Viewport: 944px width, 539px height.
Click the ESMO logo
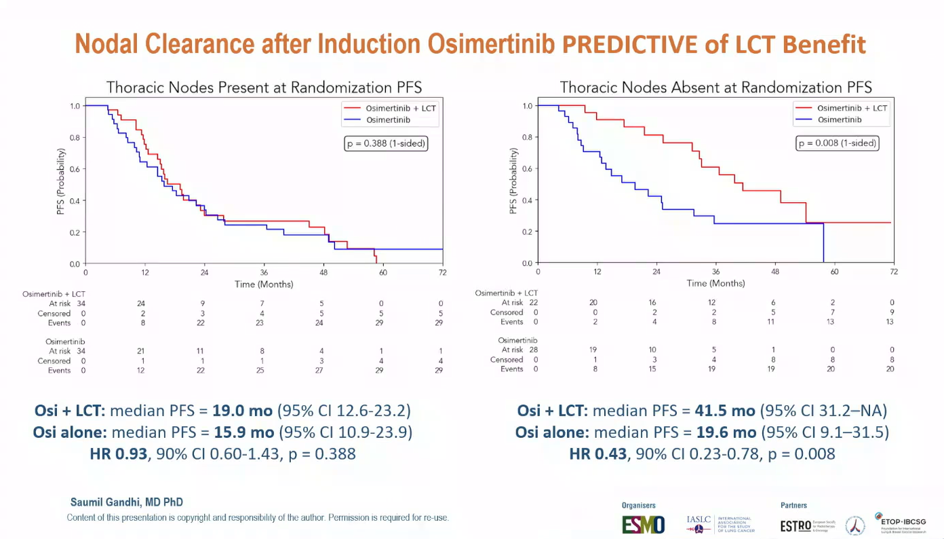(644, 524)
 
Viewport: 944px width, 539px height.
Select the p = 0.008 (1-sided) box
(837, 143)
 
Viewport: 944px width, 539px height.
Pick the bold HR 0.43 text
(597, 453)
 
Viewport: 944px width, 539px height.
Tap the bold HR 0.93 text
(119, 453)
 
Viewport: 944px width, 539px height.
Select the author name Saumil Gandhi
(127, 502)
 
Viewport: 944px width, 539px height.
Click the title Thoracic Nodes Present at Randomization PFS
(264, 87)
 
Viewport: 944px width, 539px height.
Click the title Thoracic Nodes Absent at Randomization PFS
(715, 87)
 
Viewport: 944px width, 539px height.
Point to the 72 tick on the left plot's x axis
(443, 272)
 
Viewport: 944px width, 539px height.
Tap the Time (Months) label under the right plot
(715, 283)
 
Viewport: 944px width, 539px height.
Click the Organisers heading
(639, 506)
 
